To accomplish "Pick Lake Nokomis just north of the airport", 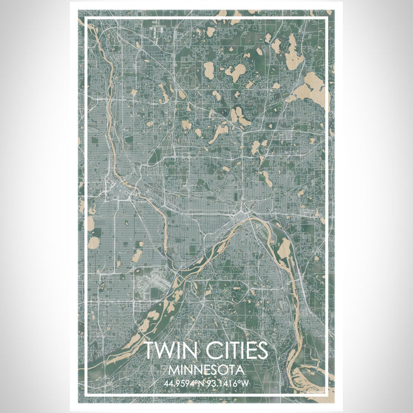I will point(137,255).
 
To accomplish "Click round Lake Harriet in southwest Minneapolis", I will point(94,242).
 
